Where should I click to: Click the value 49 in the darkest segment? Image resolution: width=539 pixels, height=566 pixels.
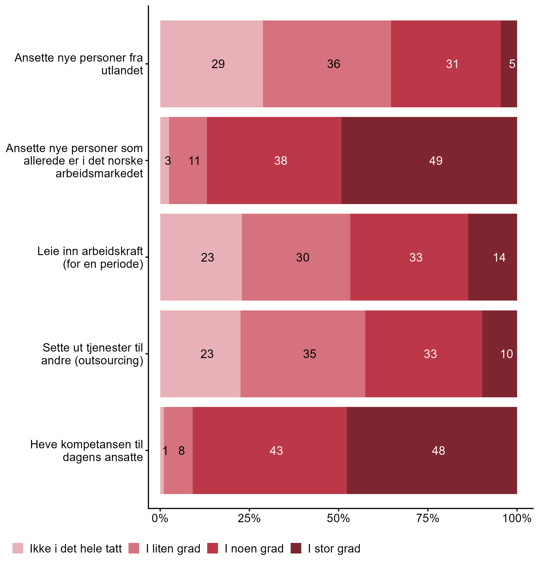click(x=436, y=161)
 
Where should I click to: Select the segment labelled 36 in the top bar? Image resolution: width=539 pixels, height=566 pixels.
click(x=333, y=64)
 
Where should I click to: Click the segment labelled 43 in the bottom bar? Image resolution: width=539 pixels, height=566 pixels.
click(x=276, y=450)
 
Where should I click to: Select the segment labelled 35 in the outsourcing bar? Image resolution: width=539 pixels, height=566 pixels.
click(x=309, y=354)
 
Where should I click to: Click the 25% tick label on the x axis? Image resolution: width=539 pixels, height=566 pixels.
click(x=249, y=519)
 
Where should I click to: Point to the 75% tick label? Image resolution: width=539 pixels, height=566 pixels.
click(x=428, y=519)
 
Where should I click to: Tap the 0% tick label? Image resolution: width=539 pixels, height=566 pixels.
click(x=160, y=519)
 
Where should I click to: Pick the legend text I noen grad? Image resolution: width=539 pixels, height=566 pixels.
click(x=254, y=548)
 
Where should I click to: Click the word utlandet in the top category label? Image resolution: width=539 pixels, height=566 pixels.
click(x=122, y=71)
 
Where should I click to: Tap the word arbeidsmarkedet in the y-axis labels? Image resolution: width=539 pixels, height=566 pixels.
click(x=99, y=173)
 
